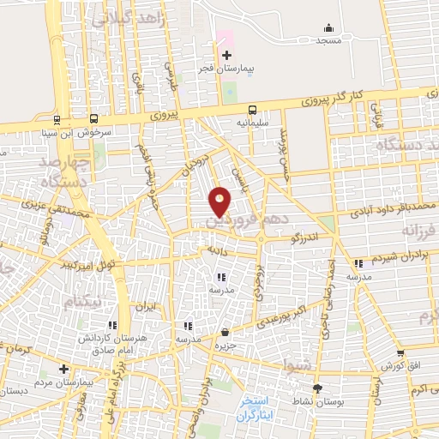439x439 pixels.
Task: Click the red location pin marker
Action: pyautogui.click(x=220, y=201)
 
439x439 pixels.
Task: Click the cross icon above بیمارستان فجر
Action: pyautogui.click(x=226, y=56)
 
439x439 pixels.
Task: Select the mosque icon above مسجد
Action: pyautogui.click(x=328, y=27)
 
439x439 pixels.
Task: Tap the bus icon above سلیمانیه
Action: pyautogui.click(x=252, y=110)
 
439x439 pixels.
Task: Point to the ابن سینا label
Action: pyautogui.click(x=57, y=133)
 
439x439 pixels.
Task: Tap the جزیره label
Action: pyautogui.click(x=225, y=345)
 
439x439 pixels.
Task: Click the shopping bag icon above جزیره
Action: pyautogui.click(x=225, y=332)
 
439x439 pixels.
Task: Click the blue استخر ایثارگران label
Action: pyautogui.click(x=256, y=408)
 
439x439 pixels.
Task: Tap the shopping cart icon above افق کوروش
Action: pyautogui.click(x=400, y=353)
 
